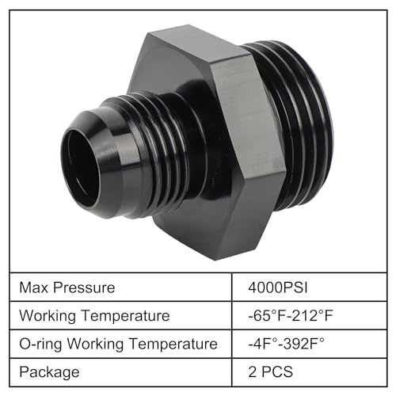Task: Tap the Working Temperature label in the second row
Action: [94, 316]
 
